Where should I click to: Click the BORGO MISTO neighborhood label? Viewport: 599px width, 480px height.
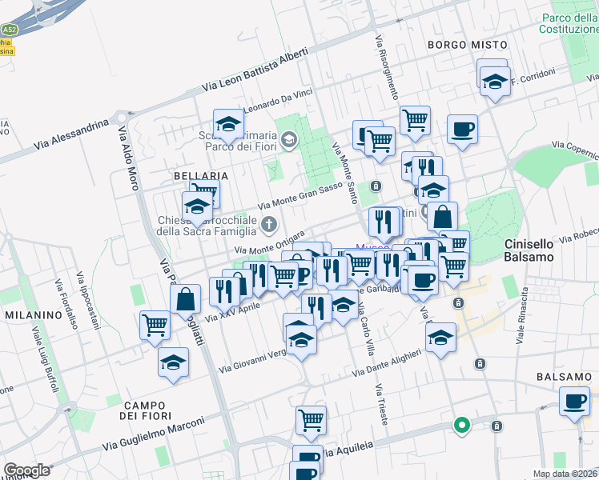point(468,45)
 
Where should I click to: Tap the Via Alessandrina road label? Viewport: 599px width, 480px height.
point(71,135)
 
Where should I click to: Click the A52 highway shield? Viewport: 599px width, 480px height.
point(8,30)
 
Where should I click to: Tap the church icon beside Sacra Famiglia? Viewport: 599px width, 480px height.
point(269,223)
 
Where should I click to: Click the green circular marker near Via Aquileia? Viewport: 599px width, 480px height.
point(461,425)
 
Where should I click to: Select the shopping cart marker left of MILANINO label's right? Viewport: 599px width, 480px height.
point(155,324)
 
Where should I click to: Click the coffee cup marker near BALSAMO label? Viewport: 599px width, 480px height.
point(573,400)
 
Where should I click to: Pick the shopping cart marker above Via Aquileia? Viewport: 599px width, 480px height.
point(310,418)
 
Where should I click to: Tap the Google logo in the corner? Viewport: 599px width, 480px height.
point(26,470)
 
